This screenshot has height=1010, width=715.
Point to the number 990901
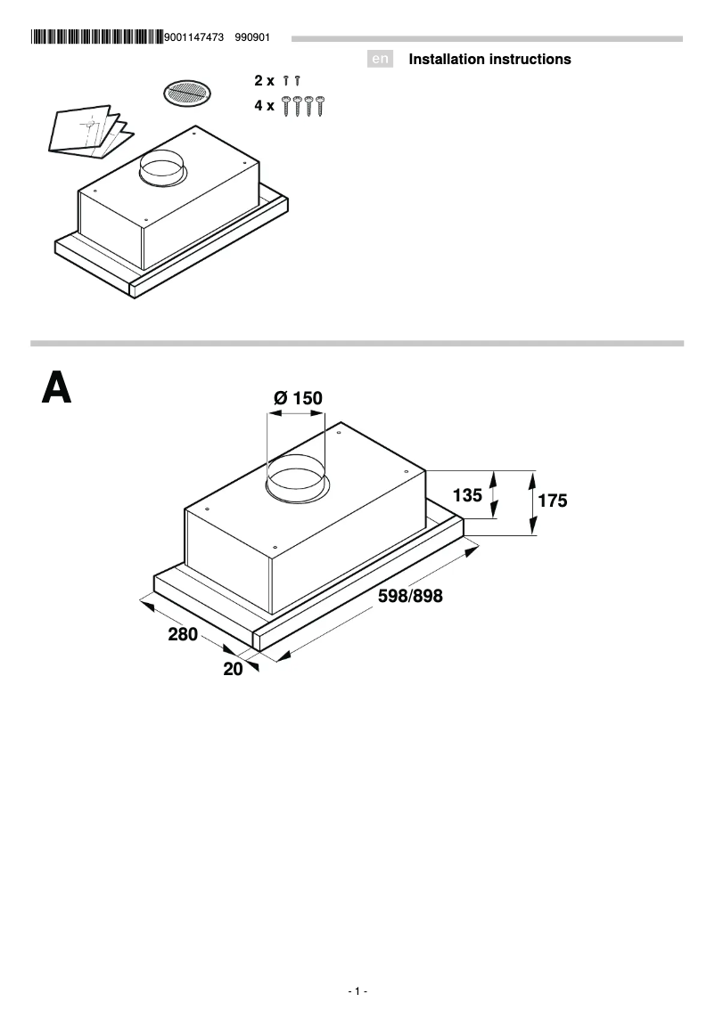click(252, 37)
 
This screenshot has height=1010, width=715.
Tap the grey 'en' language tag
click(381, 60)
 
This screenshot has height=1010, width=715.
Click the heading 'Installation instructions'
click(489, 60)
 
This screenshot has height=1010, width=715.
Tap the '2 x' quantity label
click(265, 81)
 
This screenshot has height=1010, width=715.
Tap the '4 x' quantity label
click(265, 105)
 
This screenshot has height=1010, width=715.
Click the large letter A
click(56, 388)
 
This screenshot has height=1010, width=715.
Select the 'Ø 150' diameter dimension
click(298, 398)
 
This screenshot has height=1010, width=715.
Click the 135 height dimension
click(467, 494)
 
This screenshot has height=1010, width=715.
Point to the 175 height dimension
click(553, 501)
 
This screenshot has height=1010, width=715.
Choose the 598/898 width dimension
click(410, 597)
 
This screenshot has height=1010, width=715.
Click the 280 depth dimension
click(183, 635)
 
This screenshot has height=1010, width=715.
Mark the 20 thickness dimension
click(233, 669)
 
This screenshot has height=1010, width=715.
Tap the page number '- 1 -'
click(357, 991)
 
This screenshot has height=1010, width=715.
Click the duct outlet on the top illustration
click(161, 168)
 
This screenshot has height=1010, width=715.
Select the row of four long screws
click(302, 106)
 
